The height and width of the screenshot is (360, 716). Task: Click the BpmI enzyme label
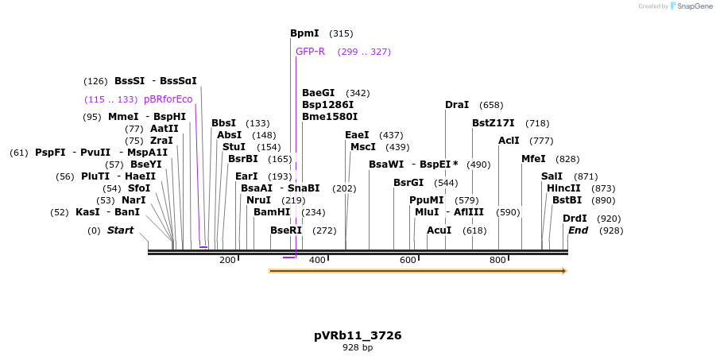coord(304,33)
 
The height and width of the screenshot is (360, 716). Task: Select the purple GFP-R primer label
coord(310,52)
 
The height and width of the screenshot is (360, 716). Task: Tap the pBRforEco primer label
coord(168,99)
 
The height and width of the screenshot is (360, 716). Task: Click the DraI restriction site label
coord(456,105)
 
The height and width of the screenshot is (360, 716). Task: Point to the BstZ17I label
coord(493,123)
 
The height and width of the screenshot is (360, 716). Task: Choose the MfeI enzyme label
coord(532,159)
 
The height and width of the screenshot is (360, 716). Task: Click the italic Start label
coord(120,230)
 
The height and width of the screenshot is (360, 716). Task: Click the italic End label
coord(578,230)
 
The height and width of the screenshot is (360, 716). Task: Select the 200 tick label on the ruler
coord(227,260)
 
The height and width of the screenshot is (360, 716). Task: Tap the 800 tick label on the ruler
coord(498,260)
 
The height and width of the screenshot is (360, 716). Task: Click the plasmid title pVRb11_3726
coord(358,335)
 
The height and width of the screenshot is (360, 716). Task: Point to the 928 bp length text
coord(358,347)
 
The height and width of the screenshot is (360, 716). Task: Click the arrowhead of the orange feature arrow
coord(563,271)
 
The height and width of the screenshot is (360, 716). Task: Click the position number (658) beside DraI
coord(491,105)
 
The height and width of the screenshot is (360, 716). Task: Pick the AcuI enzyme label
coord(439,230)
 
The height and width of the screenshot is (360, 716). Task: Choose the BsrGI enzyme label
coord(408,183)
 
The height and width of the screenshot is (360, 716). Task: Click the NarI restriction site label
coord(134,200)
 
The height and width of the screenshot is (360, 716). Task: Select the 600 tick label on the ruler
coord(408,260)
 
